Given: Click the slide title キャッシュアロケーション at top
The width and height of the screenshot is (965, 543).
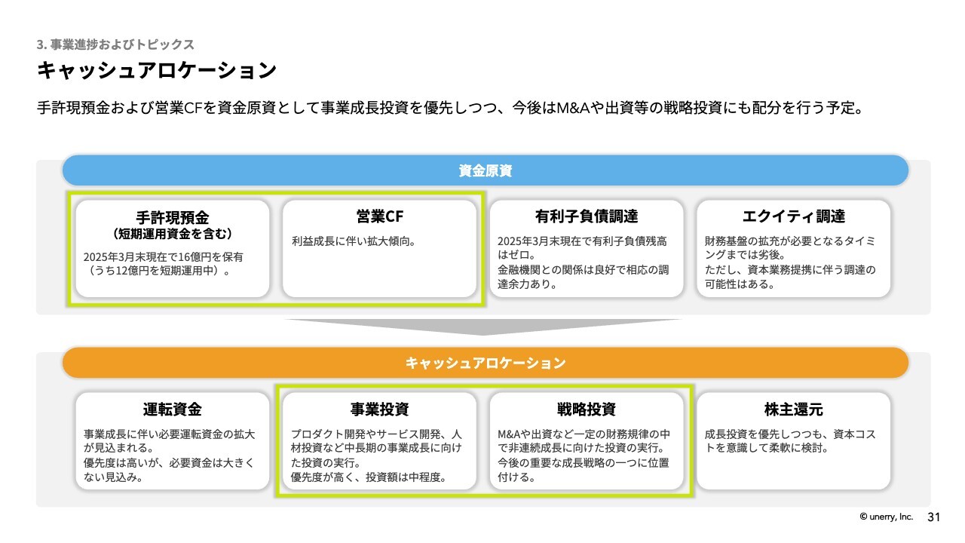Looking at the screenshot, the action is pos(156,70).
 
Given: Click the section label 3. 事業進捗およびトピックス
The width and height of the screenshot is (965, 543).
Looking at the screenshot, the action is pos(115,44).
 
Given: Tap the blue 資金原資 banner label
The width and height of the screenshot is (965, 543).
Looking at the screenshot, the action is pos(485,170).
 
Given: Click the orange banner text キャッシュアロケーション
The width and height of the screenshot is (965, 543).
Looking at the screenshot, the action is pos(485,363).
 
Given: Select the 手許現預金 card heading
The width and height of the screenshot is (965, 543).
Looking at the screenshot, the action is pos(173,218).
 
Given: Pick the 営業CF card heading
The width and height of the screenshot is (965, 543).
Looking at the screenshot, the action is pos(379,216).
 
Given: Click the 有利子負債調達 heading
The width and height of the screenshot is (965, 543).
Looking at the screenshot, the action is pos(587,216).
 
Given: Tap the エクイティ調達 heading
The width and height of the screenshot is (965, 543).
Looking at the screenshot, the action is pos(794,216).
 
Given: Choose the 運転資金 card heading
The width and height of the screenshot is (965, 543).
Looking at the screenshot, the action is pos(173,409).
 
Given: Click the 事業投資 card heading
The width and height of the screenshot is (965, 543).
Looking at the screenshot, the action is pos(379,409).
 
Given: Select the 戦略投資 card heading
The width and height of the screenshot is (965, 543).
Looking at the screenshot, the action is pos(587,409).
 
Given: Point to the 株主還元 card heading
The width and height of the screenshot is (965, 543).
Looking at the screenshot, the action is pos(794,409).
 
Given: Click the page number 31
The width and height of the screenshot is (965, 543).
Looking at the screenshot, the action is pos(933,517).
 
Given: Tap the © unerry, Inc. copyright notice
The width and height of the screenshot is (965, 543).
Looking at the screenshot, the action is pos(886,517).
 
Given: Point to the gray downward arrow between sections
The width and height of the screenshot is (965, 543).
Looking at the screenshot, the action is pos(483,327).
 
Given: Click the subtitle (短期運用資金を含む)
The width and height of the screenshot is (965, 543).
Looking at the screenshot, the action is pos(173,234).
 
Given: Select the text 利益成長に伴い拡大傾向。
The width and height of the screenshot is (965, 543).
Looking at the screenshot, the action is pos(354,241).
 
